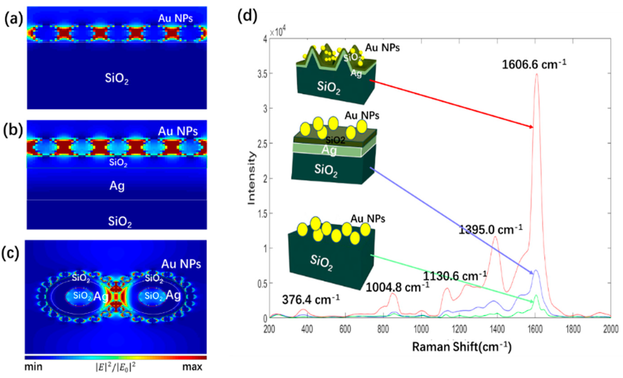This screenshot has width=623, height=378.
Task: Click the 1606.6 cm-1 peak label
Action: (x=534, y=65)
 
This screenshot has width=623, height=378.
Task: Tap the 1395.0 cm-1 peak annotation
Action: (x=490, y=230)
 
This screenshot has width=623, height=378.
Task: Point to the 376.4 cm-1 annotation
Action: (x=311, y=300)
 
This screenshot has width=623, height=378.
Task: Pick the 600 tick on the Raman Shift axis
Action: (x=345, y=329)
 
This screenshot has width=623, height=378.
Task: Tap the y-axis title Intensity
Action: (x=252, y=178)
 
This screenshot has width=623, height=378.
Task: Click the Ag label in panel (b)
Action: (x=117, y=186)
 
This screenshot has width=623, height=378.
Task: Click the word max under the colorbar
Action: (x=192, y=367)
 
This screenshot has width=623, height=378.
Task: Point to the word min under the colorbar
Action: (x=33, y=367)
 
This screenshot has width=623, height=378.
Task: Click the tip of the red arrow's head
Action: (x=533, y=128)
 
